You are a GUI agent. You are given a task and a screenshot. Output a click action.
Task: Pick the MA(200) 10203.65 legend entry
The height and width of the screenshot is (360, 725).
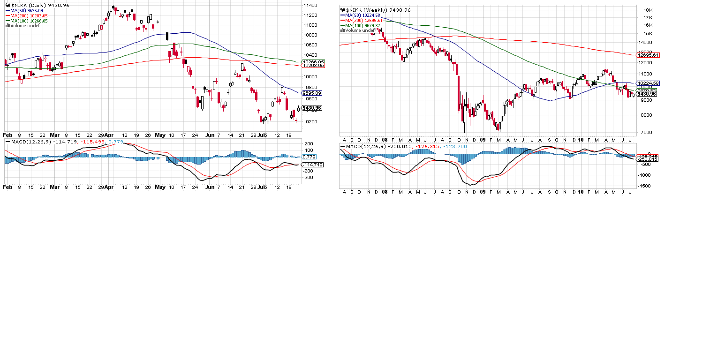(x=27, y=15)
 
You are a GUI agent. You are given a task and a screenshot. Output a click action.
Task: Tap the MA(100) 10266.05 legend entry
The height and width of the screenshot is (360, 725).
(x=27, y=21)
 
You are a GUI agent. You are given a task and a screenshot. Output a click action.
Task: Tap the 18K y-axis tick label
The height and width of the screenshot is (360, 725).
(x=649, y=10)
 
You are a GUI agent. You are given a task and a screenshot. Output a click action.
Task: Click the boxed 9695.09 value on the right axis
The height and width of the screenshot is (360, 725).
(x=312, y=93)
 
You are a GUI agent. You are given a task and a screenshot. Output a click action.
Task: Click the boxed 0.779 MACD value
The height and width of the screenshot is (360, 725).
(x=309, y=157)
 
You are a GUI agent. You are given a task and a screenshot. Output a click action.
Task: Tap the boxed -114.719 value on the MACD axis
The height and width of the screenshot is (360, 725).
(x=312, y=165)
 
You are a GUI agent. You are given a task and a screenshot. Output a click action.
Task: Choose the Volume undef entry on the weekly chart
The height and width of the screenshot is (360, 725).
(x=360, y=30)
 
